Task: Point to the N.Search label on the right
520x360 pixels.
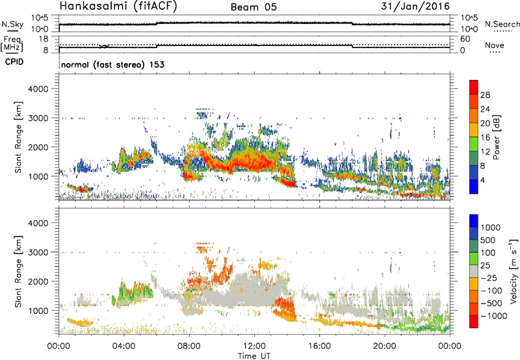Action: pyautogui.click(x=502, y=24)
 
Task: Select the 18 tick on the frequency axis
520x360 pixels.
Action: pyautogui.click(x=45, y=39)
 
